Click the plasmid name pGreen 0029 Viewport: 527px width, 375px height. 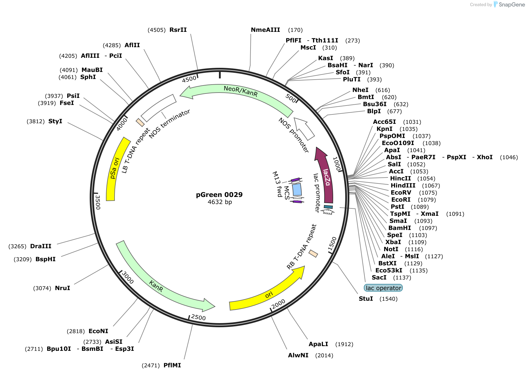pyautogui.click(x=219, y=195)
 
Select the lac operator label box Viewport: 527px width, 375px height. pyautogui.click(x=383, y=288)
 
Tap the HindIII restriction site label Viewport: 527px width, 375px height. pyautogui.click(x=403, y=185)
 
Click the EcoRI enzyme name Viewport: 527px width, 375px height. pyautogui.click(x=401, y=200)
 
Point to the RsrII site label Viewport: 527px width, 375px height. pyautogui.click(x=178, y=30)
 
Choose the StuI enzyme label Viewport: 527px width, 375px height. pyautogui.click(x=366, y=299)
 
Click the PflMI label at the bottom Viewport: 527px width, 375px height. pyautogui.click(x=172, y=365)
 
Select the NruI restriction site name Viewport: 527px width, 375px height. pyautogui.click(x=63, y=288)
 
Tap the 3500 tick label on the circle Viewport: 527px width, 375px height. pyautogui.click(x=98, y=202)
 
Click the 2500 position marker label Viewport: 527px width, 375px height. pyautogui.click(x=198, y=317)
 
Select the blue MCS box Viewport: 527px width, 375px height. pyautogui.click(x=297, y=190)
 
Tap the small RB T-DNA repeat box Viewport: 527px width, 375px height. pyautogui.click(x=313, y=254)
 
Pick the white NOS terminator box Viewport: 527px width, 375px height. pyautogui.click(x=158, y=108)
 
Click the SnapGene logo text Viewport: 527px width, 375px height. pyautogui.click(x=512, y=5)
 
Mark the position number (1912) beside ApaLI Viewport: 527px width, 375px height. pyautogui.click(x=344, y=344)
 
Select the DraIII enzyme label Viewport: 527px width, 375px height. pyautogui.click(x=41, y=246)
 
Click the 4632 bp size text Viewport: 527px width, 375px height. pyautogui.click(x=220, y=202)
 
